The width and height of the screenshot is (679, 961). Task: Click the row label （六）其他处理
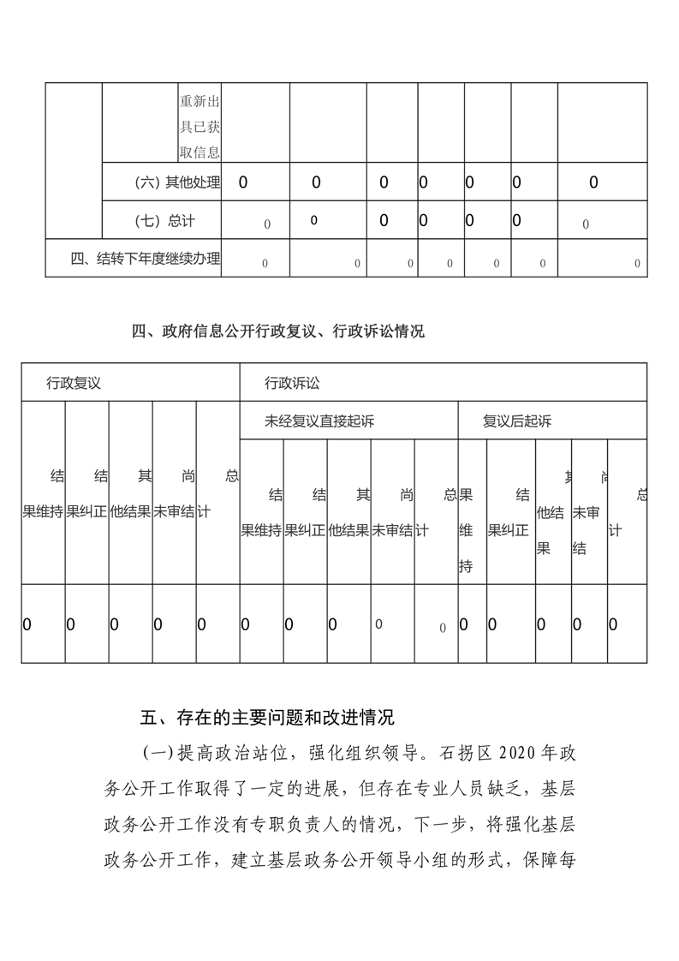[177, 182]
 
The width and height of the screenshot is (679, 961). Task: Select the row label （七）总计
[165, 221]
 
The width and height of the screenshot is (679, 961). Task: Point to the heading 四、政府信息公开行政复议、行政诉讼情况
[278, 332]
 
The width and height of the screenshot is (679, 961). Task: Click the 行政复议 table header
[74, 383]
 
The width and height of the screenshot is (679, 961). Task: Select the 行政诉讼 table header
[292, 383]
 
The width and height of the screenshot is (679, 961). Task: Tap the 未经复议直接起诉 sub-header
[319, 421]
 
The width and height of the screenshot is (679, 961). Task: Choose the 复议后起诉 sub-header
[516, 421]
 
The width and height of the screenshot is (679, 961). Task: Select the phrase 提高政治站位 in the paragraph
[226, 755]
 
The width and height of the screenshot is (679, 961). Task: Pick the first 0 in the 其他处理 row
[244, 182]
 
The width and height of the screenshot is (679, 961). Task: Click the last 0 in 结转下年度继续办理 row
[636, 264]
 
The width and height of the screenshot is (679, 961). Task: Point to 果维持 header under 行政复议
[43, 511]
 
